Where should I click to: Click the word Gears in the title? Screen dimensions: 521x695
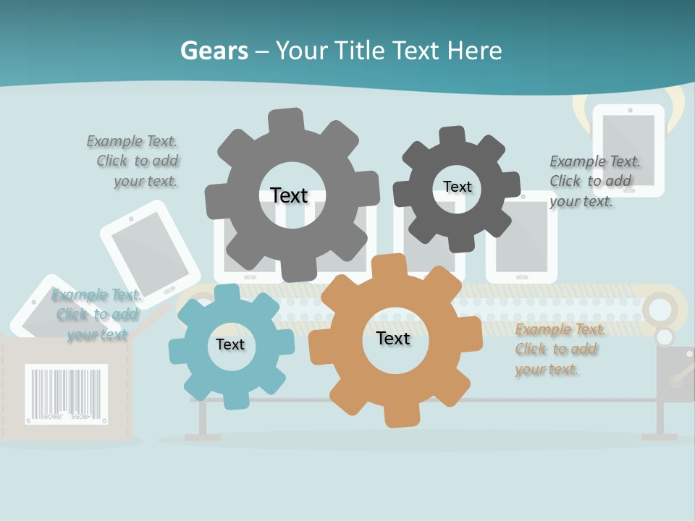tap(214, 51)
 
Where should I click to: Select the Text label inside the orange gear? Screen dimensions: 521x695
tap(393, 338)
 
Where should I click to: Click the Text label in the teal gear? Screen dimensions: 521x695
tap(230, 344)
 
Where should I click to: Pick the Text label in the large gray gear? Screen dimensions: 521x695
tap(289, 195)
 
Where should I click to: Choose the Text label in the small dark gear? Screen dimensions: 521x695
tap(457, 187)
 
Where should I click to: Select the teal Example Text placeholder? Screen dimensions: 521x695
tap(96, 314)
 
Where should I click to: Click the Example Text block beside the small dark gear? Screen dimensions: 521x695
tap(594, 181)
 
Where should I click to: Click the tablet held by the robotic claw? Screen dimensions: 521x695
tap(628, 149)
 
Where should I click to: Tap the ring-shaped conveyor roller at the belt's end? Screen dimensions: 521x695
tap(659, 310)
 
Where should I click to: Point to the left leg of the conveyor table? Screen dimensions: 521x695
tap(203, 419)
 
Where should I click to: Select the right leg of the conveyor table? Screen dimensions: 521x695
tap(660, 419)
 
